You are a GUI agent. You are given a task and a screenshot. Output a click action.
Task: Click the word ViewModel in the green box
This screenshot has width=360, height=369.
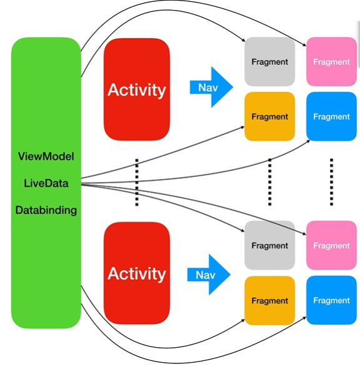coord(46,156)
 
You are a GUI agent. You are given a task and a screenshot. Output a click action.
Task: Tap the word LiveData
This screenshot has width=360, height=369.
coord(46,183)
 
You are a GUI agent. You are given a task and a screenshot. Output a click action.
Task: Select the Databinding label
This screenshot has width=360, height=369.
coord(46,210)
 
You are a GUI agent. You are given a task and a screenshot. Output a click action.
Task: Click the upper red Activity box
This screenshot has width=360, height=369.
coord(137,89)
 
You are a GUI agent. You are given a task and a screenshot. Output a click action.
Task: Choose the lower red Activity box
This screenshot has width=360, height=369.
coord(137,273)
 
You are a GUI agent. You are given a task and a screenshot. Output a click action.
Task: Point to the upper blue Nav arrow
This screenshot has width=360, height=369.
coord(211,88)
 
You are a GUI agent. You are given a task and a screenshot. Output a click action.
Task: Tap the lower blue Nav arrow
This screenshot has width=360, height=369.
coord(209,275)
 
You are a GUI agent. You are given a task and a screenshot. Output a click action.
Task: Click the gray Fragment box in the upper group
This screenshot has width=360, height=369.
coord(270,62)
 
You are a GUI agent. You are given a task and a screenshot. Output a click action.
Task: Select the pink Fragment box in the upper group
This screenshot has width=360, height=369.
coord(331,62)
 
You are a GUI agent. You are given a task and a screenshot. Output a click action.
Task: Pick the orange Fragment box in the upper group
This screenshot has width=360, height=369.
coord(270,116)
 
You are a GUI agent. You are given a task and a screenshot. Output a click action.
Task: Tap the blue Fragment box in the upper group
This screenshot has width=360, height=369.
coord(331,116)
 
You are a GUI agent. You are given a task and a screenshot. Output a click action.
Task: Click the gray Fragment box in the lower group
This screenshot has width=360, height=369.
coord(270,245)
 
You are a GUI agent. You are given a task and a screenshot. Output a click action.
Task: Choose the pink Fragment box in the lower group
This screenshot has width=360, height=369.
coord(331,245)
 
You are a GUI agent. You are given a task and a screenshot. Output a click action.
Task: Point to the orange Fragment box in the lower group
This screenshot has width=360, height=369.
coord(270,301)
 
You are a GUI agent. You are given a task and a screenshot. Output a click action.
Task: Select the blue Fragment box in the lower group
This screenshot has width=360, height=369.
coord(331,300)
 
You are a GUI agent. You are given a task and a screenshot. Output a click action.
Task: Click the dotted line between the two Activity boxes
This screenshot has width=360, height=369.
coord(137,183)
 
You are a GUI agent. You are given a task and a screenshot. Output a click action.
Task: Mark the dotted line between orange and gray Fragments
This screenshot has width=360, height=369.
coord(270,183)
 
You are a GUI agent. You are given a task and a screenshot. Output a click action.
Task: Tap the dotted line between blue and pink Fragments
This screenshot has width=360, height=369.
coord(331,183)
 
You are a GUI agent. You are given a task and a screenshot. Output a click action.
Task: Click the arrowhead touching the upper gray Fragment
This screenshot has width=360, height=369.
coord(243,40)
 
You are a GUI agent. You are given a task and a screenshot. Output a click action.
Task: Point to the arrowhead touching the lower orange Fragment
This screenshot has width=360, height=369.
coord(243,320)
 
